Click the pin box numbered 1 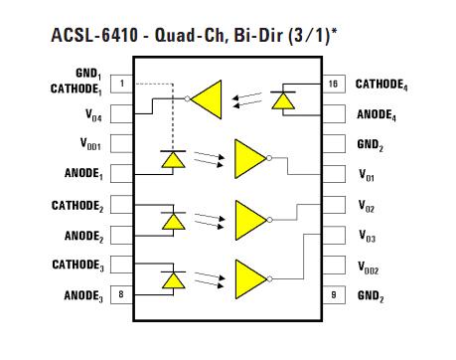[x=121, y=85]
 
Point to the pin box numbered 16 [x=331, y=85]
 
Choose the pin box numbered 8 [x=121, y=294]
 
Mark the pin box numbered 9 [x=331, y=294]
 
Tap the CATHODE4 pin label [x=383, y=85]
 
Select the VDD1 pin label [x=84, y=144]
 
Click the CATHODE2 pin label [x=77, y=205]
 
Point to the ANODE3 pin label [x=83, y=295]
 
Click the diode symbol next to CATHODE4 [x=284, y=98]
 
